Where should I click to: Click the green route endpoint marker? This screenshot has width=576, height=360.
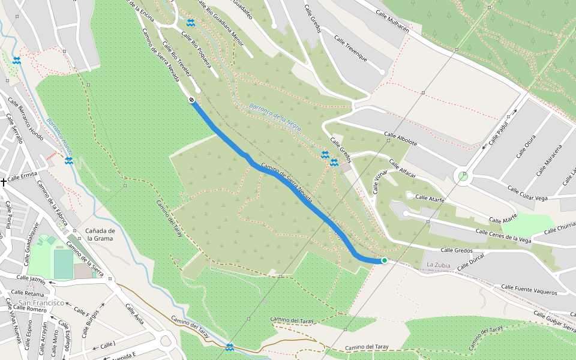point(384,260)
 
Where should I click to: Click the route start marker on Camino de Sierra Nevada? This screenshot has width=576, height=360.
point(191,100)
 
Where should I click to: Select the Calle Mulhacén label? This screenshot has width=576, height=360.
point(392,20)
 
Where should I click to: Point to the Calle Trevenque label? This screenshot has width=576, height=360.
point(348,53)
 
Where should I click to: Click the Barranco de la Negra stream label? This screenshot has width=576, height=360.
point(275,113)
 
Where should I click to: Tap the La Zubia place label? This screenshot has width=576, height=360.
point(438,265)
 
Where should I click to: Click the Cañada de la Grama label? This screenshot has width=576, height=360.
point(100,234)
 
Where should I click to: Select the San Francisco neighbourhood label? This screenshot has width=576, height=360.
point(41,303)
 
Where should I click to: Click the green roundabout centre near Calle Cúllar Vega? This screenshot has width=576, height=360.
point(463,176)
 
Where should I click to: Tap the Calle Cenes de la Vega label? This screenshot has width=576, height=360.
point(503,235)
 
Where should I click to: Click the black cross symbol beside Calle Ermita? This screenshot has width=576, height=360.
point(4,181)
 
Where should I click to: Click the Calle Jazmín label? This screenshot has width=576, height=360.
point(31,278)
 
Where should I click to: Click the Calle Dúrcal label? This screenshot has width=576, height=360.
point(471,262)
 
